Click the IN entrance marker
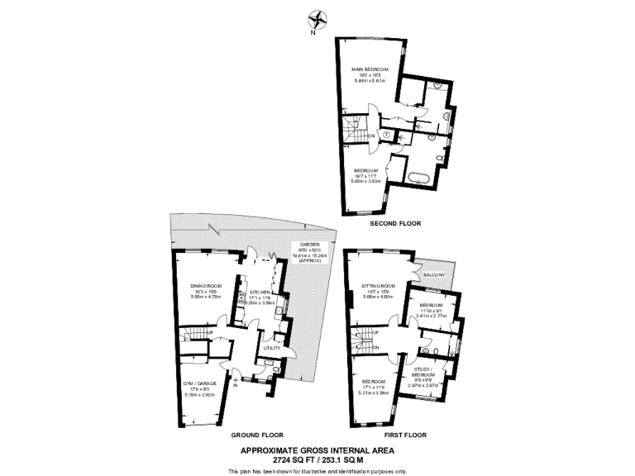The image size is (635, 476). click(235, 384)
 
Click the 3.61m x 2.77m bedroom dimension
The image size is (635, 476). click(431, 316)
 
